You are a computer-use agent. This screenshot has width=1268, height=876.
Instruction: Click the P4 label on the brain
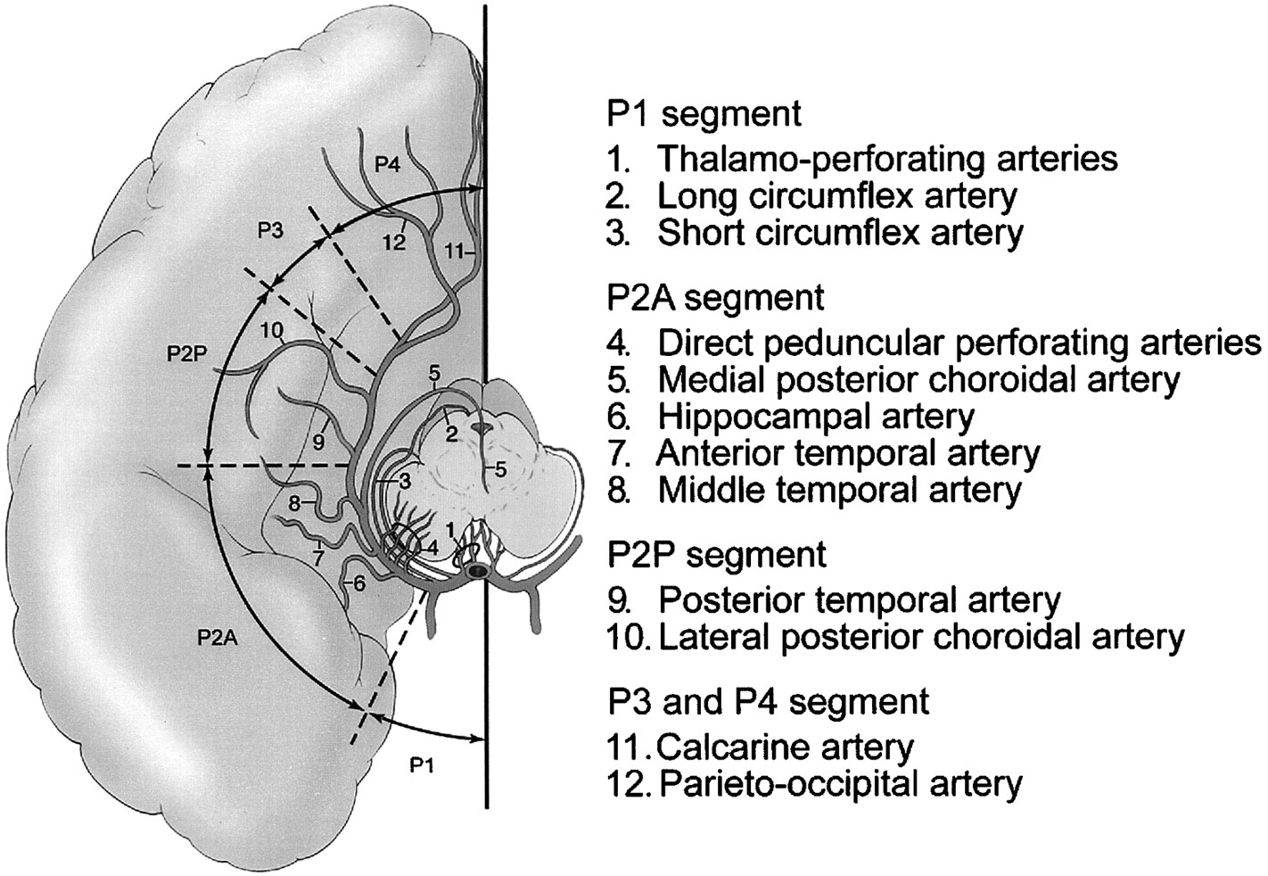pos(388,165)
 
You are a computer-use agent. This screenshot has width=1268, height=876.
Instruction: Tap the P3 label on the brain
pos(270,230)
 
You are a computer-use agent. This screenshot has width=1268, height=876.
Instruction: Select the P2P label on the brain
pos(187,354)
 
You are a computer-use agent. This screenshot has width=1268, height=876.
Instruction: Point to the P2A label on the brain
pos(218,638)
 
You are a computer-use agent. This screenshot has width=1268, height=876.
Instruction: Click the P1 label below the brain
pos(422,766)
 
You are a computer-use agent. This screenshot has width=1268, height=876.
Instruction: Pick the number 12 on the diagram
pos(394,243)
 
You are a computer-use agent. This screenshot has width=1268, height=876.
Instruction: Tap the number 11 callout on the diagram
pos(454,251)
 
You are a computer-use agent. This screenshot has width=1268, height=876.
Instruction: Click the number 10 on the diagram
pos(272,329)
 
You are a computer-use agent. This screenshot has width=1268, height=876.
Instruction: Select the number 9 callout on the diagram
pos(318,442)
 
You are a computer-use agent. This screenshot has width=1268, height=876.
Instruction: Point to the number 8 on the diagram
pos(294,503)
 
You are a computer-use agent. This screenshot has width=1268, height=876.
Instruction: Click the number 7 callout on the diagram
pos(318,559)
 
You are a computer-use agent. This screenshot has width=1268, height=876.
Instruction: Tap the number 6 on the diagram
pos(360,583)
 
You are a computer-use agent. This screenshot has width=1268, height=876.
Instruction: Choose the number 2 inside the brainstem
pos(451,434)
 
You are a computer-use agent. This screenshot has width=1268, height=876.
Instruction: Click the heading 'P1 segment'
pos(704,114)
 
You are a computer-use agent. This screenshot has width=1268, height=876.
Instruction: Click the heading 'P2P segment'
pos(716,554)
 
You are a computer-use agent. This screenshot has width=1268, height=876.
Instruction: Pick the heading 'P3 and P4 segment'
pos(768,703)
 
